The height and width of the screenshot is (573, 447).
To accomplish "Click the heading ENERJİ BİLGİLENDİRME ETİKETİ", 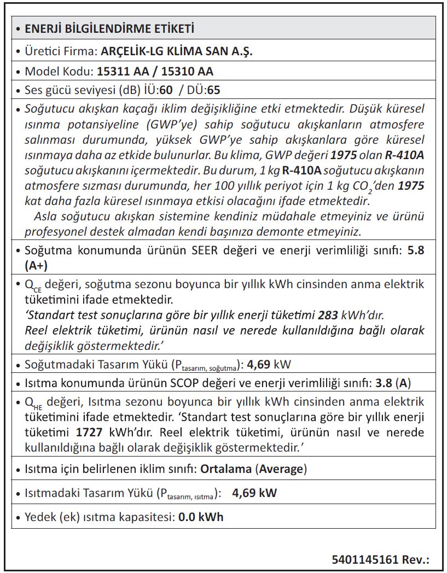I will [109, 28].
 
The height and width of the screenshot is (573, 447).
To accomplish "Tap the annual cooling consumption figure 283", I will [327, 315].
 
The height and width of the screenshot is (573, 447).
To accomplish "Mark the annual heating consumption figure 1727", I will [90, 432].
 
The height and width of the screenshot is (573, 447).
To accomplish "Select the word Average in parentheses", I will [281, 469].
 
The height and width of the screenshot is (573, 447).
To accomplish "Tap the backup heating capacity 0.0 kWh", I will [201, 517].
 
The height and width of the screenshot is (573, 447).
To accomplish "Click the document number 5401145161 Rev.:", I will [380, 559].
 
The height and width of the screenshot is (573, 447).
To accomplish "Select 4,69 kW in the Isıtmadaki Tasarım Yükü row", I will [254, 493].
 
